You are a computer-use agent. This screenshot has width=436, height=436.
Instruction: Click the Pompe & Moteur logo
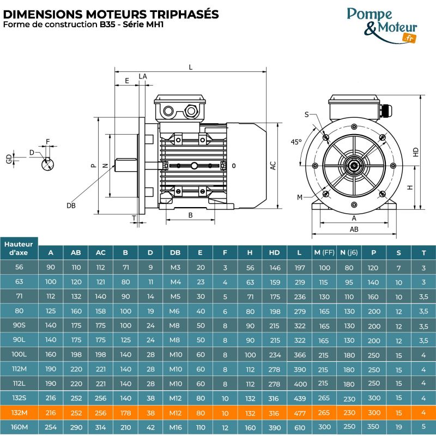(x=381, y=24)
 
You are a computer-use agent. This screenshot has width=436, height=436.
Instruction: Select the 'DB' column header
(x=175, y=252)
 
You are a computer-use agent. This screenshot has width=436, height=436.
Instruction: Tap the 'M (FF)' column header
(x=324, y=252)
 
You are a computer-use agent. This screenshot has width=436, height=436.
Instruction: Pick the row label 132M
(x=20, y=413)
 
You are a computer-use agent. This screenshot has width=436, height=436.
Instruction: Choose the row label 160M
(x=20, y=427)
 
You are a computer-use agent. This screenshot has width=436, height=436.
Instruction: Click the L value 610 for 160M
(x=300, y=427)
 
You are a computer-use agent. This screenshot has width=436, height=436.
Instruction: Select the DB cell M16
(x=175, y=427)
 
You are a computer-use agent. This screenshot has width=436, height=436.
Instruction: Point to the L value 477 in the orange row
(x=300, y=413)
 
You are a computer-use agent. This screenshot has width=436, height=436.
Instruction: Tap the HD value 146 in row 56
(x=275, y=268)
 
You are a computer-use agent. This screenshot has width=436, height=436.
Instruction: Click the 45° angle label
(x=296, y=142)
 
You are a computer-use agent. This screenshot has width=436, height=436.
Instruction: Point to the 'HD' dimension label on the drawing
(x=416, y=152)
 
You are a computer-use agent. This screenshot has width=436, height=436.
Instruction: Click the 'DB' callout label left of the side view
(x=71, y=205)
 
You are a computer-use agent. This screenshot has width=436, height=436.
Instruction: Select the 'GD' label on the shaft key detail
(x=8, y=159)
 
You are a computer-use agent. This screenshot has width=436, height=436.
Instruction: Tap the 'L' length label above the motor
(x=190, y=67)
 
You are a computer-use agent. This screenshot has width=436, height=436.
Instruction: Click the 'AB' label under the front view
(x=354, y=229)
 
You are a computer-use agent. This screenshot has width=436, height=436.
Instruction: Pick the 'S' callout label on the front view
(x=307, y=114)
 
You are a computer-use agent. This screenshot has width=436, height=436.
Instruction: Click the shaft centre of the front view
(x=354, y=163)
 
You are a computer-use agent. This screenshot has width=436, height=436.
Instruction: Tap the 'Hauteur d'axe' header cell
(x=20, y=249)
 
